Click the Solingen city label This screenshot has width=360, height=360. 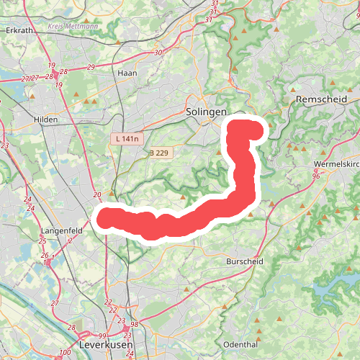click(206, 112)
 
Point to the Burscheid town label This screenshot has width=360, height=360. click(244, 261)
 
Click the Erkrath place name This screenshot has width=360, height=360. click(19, 31)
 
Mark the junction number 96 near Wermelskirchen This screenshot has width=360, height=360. click(315, 176)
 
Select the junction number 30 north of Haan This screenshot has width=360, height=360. click(158, 53)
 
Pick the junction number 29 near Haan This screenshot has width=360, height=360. click(91, 67)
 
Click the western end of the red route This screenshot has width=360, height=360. click(105, 217)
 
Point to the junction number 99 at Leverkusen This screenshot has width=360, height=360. click(102, 336)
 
